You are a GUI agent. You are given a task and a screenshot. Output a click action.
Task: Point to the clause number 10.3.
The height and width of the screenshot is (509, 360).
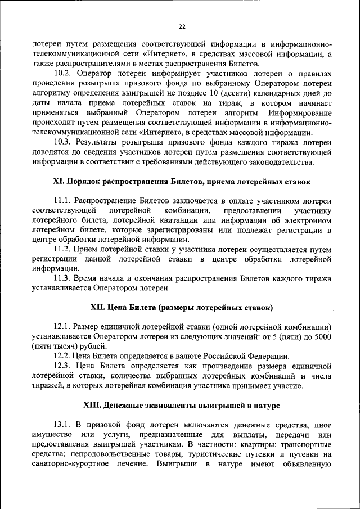62,143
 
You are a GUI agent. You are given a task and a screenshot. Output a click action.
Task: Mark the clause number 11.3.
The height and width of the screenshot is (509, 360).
62,278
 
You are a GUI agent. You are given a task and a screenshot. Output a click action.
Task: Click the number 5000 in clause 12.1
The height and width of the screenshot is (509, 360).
321,336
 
